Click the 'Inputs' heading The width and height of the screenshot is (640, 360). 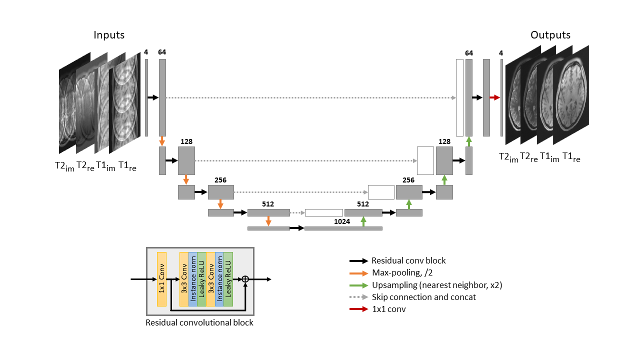pos(109,35)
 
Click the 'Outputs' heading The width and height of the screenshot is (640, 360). pos(550,35)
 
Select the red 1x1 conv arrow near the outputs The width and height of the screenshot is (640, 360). pos(495,97)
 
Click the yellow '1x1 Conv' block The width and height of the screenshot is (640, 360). pos(161,279)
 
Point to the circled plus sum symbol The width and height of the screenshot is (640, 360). pos(245,279)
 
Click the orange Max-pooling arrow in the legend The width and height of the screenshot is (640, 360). pos(359,273)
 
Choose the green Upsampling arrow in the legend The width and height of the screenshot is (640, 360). pos(359,285)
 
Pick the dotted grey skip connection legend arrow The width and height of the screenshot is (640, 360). pos(359,297)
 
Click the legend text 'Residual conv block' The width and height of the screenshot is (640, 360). pos(408,260)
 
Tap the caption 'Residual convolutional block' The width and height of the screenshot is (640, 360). pos(199,322)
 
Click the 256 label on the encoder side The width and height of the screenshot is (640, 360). pos(220,180)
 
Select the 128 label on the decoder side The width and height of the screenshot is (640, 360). pos(444,142)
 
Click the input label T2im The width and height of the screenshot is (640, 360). pos(64,167)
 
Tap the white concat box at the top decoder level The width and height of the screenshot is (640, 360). pos(459,97)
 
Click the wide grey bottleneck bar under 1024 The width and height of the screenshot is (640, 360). pos(343,228)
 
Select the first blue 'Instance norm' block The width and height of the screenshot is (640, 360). pos(193,279)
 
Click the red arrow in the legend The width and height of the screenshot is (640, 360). pos(359,309)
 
